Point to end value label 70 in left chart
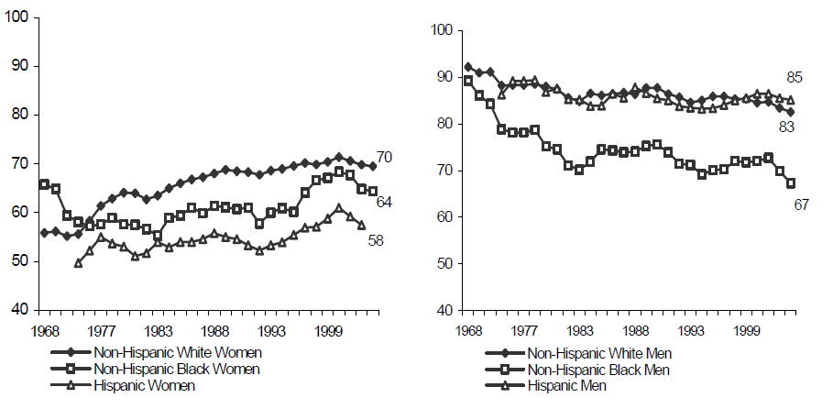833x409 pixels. (385, 158)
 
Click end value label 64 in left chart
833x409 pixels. (385, 202)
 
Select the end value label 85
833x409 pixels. (795, 78)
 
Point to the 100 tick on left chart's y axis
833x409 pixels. (19, 17)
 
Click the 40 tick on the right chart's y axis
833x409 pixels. (446, 311)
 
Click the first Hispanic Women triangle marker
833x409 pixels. (78, 263)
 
